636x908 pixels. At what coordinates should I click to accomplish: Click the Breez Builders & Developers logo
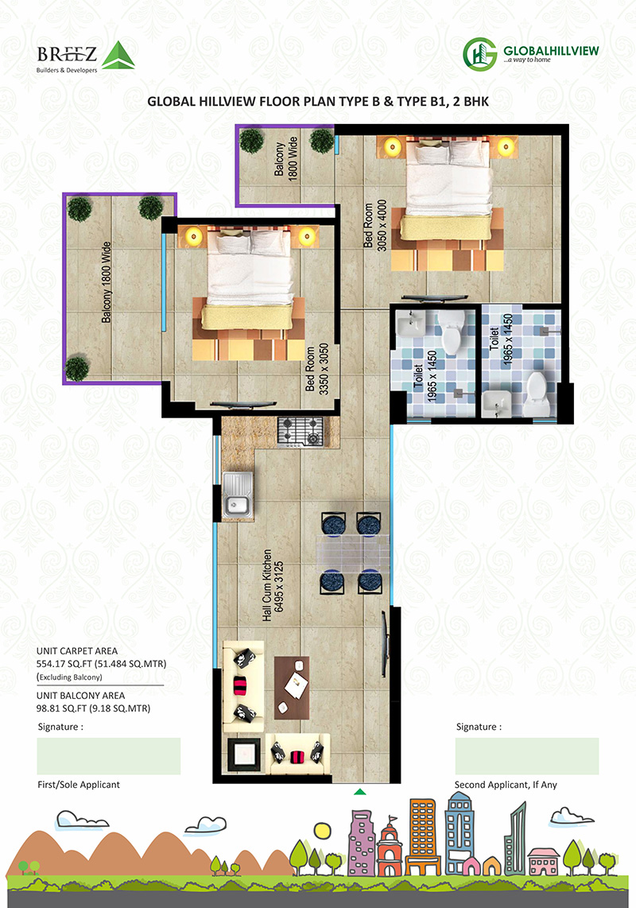click(x=86, y=56)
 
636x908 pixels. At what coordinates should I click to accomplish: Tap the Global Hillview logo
click(x=530, y=54)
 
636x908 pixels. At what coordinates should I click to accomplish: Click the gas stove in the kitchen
click(x=300, y=432)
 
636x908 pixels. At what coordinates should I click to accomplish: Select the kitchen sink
click(x=238, y=495)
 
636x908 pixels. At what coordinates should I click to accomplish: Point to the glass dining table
click(x=352, y=553)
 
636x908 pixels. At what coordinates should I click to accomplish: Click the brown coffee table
click(x=291, y=688)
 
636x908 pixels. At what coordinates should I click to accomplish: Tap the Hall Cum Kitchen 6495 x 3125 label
click(x=273, y=585)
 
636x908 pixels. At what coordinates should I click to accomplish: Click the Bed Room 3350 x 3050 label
click(x=317, y=369)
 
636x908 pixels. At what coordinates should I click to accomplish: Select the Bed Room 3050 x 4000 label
click(x=374, y=225)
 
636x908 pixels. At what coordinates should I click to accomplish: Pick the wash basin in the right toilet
click(x=496, y=403)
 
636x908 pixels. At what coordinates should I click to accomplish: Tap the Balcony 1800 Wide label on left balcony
click(x=106, y=282)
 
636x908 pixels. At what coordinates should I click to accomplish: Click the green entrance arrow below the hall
click(x=359, y=792)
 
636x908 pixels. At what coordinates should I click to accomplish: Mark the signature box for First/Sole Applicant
click(x=109, y=755)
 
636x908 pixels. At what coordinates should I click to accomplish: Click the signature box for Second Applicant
click(x=527, y=755)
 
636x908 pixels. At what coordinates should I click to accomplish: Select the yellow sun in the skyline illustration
click(x=322, y=830)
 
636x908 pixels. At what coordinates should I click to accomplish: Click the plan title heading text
click(x=318, y=101)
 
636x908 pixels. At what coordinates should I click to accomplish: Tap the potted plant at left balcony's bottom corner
click(x=76, y=368)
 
